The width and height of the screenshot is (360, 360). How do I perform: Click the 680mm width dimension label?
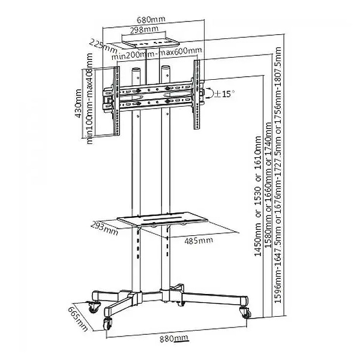click(151, 18)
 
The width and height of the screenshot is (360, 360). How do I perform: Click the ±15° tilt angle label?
click(225, 94)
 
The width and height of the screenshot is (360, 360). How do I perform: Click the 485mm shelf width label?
click(197, 241)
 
